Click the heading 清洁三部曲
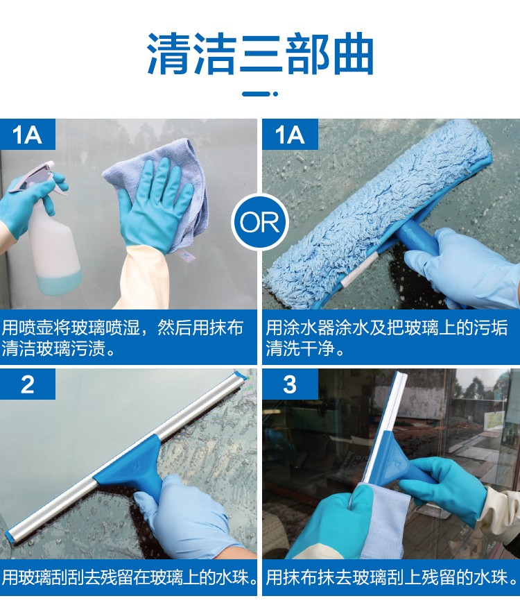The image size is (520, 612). pyautogui.click(x=260, y=54)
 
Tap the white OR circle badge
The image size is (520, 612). pyautogui.click(x=260, y=222)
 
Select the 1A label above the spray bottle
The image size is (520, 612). pyautogui.click(x=27, y=135)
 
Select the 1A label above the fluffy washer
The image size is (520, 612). pyautogui.click(x=290, y=135)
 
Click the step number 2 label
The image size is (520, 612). pyautogui.click(x=27, y=384)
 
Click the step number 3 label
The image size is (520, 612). pyautogui.click(x=290, y=384)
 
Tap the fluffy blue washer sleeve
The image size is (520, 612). pyautogui.click(x=374, y=211)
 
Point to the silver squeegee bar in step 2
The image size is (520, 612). pyautogui.click(x=125, y=457)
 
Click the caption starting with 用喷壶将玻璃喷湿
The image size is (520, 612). pyautogui.click(x=123, y=338)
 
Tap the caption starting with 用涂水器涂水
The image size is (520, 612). pyautogui.click(x=387, y=338)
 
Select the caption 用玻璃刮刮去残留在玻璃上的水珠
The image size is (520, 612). pyautogui.click(x=129, y=577)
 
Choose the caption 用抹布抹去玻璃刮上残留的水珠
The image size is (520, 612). pyautogui.click(x=392, y=577)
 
